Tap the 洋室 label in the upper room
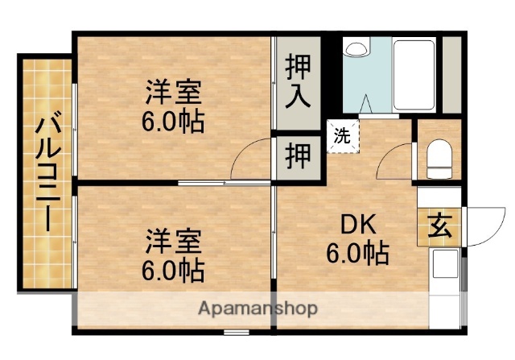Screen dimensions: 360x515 click(173, 91)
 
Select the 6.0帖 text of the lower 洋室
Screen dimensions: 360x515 click(173, 267)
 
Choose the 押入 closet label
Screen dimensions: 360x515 click(299, 81)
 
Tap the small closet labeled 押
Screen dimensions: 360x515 click(299, 155)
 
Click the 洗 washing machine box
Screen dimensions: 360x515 click(343, 136)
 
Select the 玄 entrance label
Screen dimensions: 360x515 click(439, 227)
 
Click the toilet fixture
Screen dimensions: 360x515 click(439, 159)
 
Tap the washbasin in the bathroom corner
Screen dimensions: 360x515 click(355, 48)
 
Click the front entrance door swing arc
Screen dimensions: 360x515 click(482, 226)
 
